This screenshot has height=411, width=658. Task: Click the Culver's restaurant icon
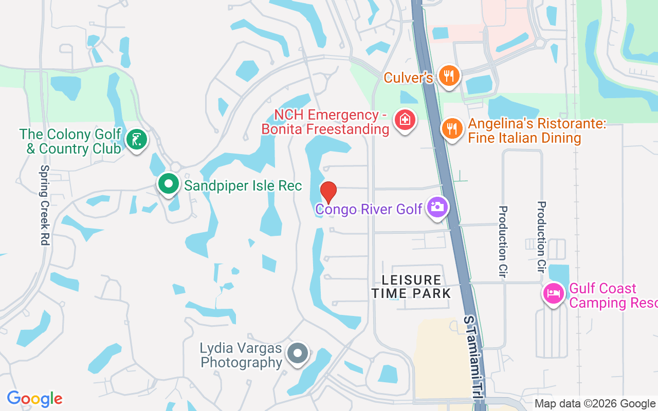[449, 77]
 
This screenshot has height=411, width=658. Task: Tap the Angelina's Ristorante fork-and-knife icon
[452, 128]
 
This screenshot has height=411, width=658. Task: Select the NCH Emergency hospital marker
[405, 120]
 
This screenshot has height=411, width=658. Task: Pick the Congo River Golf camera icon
[437, 208]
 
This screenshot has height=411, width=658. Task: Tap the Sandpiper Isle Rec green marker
[168, 184]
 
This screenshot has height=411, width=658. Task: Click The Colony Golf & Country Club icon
[137, 140]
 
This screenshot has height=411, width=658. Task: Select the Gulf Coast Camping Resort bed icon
[553, 294]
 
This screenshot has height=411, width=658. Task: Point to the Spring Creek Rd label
[45, 204]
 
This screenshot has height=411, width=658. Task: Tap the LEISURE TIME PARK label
[411, 287]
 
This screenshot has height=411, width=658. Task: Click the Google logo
[34, 399]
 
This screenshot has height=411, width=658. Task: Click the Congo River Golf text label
[369, 209]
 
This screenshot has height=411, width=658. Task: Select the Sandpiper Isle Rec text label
[243, 185]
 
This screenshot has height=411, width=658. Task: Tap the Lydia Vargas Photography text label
[241, 356]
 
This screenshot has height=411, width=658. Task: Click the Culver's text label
[409, 78]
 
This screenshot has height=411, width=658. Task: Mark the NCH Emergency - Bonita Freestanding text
[325, 122]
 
